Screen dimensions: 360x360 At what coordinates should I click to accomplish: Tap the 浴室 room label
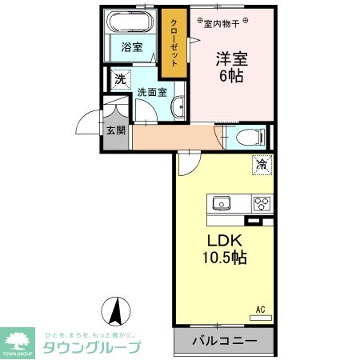pyautogui.click(x=132, y=47)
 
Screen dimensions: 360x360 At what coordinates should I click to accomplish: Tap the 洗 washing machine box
pyautogui.click(x=120, y=79)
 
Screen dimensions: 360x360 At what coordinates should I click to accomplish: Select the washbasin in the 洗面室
pyautogui.click(x=178, y=106)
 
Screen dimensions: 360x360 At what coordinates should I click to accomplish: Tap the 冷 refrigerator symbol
pyautogui.click(x=262, y=165)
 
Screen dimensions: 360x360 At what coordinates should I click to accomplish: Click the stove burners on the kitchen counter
pyautogui.click(x=262, y=202)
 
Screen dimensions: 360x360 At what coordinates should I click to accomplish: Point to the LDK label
pyautogui.click(x=225, y=240)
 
